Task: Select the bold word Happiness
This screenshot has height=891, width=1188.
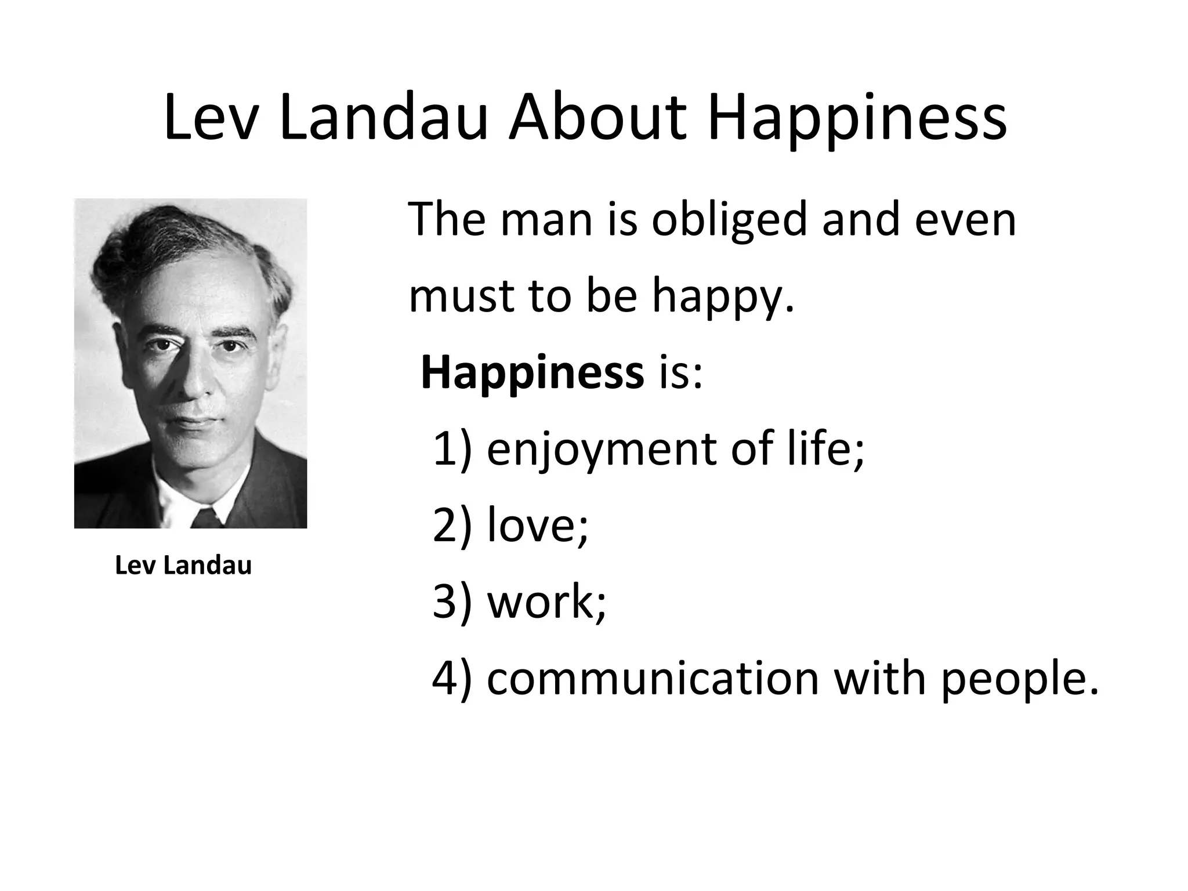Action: click(532, 373)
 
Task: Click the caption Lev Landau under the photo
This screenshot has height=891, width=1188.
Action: click(183, 565)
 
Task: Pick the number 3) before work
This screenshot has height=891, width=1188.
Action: click(452, 601)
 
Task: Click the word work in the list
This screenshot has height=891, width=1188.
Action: click(544, 601)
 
